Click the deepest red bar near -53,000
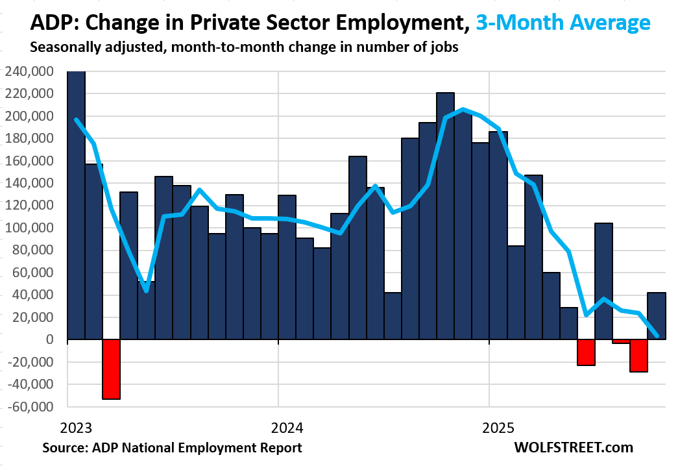111,369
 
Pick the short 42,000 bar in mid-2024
393,316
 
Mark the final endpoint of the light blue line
657,336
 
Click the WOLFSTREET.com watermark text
573,448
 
